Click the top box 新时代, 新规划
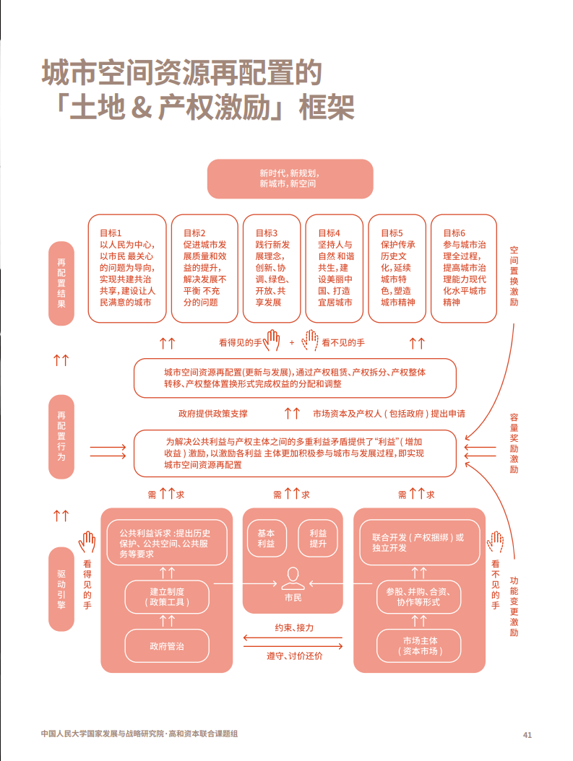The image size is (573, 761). (x=290, y=179)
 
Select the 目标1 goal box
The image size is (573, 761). (x=126, y=268)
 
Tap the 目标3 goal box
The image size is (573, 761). (x=272, y=268)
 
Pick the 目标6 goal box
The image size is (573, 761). (x=464, y=268)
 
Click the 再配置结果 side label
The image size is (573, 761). (x=61, y=284)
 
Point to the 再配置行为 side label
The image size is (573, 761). (x=61, y=437)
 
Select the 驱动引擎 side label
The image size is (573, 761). (x=61, y=589)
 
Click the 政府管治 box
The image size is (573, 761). (x=167, y=645)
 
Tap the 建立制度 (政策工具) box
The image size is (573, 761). (x=167, y=596)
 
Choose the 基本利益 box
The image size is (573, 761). (x=266, y=539)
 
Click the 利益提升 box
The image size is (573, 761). (x=318, y=539)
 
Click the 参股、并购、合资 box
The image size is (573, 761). (x=419, y=596)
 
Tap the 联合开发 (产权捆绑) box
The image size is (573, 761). (x=419, y=543)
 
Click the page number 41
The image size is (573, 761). (x=527, y=735)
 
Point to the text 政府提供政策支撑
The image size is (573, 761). (x=213, y=414)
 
